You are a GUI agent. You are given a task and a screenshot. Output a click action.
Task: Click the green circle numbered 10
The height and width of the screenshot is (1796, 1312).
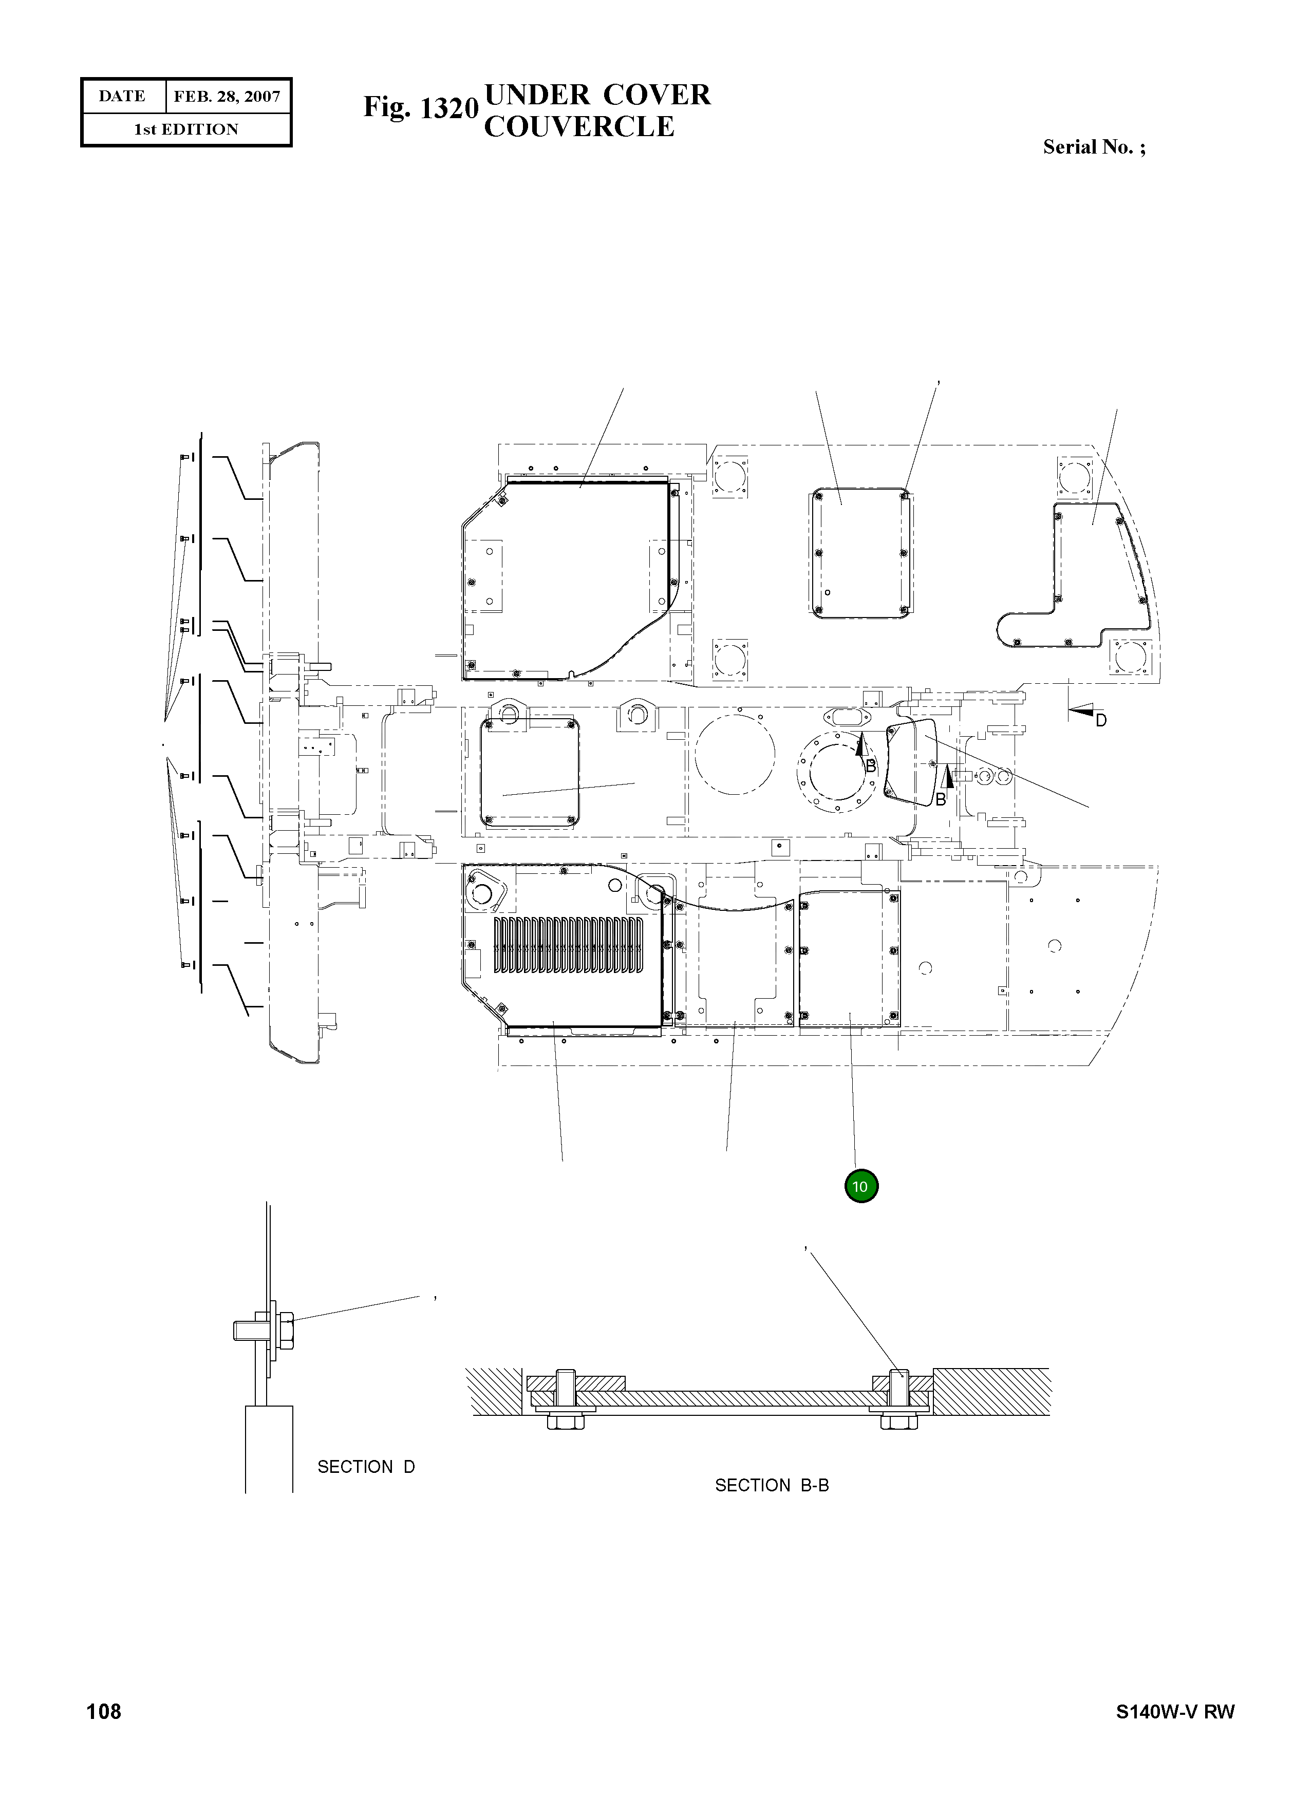pyautogui.click(x=861, y=1187)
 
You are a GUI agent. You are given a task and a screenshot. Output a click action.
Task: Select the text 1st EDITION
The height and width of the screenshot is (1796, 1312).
pyautogui.click(x=186, y=129)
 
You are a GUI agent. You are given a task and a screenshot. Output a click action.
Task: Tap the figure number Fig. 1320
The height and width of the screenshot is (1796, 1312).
pyautogui.click(x=420, y=108)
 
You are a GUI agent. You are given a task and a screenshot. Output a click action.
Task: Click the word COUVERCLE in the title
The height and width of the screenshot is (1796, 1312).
pyautogui.click(x=579, y=127)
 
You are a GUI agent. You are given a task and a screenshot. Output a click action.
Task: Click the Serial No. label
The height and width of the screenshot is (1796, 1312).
pyautogui.click(x=1094, y=147)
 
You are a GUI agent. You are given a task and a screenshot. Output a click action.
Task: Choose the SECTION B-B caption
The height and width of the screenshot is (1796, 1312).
pyautogui.click(x=771, y=1485)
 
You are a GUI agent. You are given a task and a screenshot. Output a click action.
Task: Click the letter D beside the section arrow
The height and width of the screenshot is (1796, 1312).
pyautogui.click(x=1101, y=720)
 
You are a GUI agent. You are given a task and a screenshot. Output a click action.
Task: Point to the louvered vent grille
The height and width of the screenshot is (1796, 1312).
pyautogui.click(x=569, y=945)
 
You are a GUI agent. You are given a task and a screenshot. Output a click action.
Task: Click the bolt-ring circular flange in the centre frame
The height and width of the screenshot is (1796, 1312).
pyautogui.click(x=839, y=771)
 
